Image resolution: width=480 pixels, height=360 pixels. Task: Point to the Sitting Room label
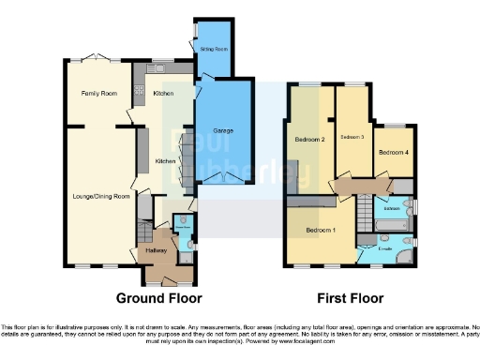coord(215,48)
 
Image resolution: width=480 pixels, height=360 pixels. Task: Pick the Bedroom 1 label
coord(320,229)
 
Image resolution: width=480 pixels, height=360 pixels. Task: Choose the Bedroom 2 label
coord(309,140)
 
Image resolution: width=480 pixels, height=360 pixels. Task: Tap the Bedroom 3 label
coord(352,137)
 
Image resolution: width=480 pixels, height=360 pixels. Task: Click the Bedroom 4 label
coord(393,151)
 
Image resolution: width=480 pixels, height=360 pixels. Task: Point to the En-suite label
coord(384,248)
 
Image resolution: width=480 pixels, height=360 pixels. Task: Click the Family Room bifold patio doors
coord(97,57)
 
